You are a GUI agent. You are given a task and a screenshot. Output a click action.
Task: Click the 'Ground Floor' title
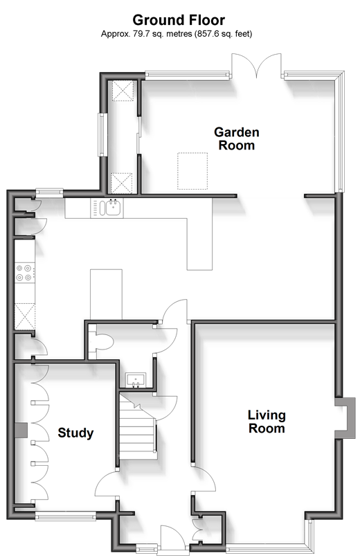179,20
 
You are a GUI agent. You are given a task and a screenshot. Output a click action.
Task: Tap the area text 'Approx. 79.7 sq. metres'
147,34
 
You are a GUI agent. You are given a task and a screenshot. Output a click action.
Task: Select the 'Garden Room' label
237,138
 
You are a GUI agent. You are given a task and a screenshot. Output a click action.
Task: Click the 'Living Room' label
267,422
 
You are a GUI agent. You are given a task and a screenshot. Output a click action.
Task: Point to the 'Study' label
75,433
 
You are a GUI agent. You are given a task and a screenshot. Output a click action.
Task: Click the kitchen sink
111,208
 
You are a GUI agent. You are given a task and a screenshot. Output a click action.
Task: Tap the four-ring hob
25,272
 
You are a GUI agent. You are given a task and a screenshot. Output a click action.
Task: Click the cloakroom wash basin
136,380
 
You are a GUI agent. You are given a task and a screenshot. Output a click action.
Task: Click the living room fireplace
345,417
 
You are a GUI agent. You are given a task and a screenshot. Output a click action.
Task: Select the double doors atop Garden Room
256,65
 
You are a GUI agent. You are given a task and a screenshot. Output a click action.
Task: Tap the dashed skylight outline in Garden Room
192,171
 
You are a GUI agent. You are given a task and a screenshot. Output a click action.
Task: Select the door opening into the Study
106,484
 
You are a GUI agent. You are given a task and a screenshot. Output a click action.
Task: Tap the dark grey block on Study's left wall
21,430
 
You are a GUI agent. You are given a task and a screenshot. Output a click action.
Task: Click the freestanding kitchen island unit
106,294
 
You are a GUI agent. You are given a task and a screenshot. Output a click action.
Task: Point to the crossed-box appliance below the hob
25,316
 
